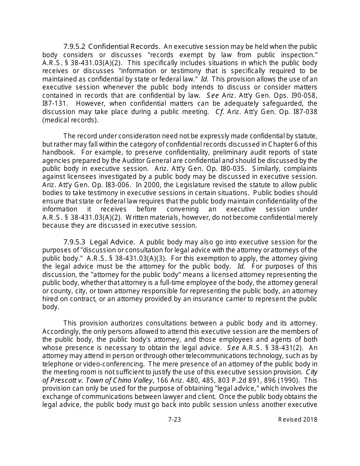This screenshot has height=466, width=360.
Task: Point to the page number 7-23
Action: point(174,419)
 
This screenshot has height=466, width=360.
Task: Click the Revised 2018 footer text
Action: point(297,419)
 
